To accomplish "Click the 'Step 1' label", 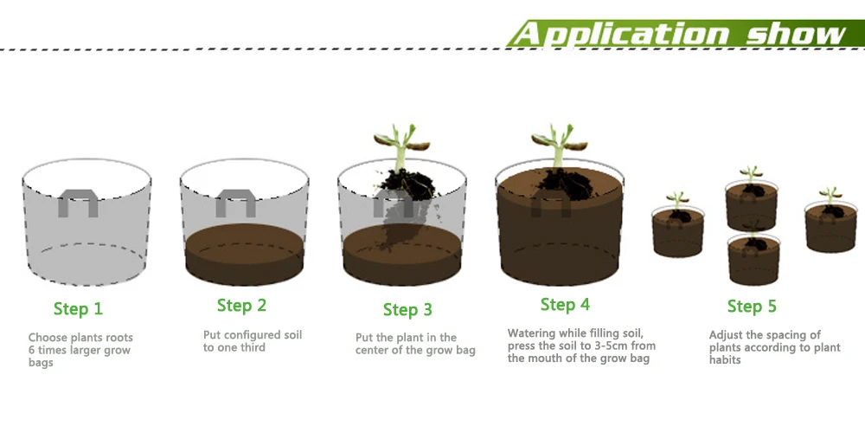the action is [x=78, y=309].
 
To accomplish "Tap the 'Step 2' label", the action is [x=241, y=306].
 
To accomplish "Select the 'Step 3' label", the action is [x=407, y=310].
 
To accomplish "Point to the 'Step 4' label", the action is [x=565, y=304].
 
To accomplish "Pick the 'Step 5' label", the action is [x=752, y=306].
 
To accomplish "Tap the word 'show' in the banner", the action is [x=797, y=34].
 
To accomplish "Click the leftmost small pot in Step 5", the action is [x=678, y=231].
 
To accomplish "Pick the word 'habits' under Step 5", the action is [x=725, y=360].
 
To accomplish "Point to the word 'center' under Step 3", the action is [x=372, y=350].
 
